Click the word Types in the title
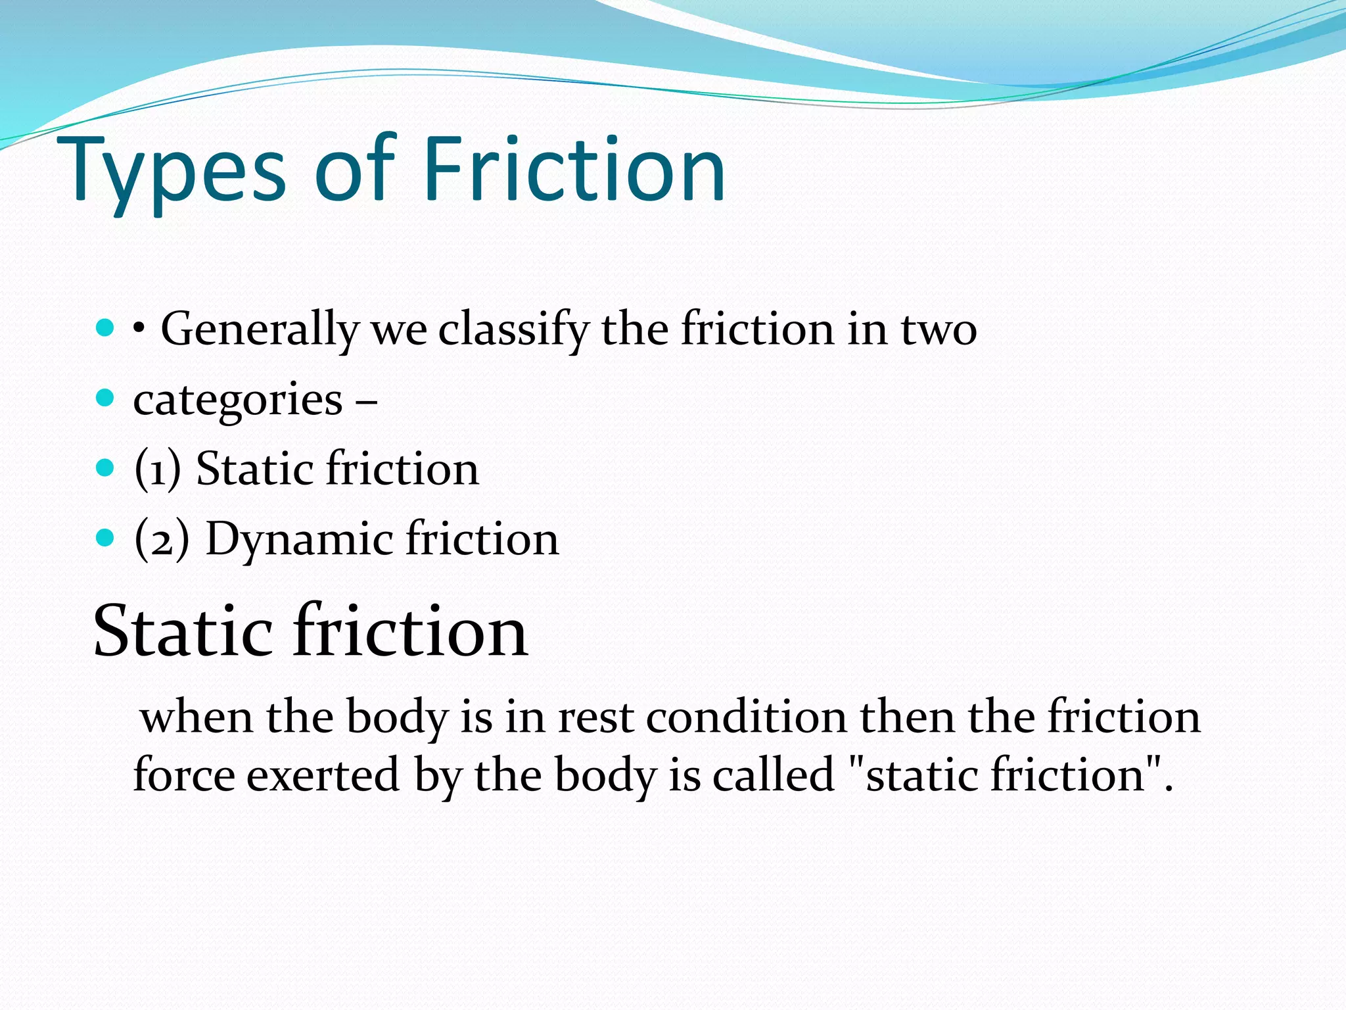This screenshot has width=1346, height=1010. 174,172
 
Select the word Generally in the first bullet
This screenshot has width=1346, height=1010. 260,329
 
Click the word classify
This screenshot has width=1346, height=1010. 513,329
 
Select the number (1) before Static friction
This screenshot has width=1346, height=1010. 157,469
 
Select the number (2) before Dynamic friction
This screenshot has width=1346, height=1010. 161,539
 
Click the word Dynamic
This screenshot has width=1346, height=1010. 300,539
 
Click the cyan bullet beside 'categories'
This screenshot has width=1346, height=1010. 104,398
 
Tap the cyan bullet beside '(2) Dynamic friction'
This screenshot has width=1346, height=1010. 104,538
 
